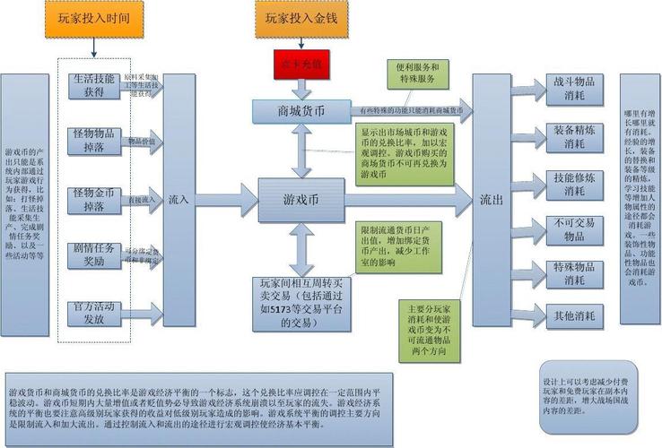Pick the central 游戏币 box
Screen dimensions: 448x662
[x=301, y=198]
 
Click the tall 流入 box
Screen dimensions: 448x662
[x=179, y=199]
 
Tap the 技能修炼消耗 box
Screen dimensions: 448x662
[x=569, y=185]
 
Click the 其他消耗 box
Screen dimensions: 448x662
[x=569, y=315]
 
